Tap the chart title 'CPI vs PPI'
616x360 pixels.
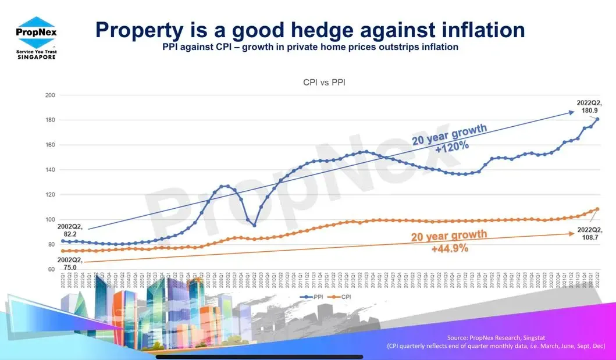[x=325, y=83]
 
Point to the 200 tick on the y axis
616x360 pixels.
[x=49, y=95]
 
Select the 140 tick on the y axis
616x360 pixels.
[x=49, y=170]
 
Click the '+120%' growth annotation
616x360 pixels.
[x=452, y=146]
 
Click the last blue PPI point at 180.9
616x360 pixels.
[x=597, y=119]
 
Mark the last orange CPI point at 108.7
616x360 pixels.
[x=597, y=209]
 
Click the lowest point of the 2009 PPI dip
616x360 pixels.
[x=254, y=226]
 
